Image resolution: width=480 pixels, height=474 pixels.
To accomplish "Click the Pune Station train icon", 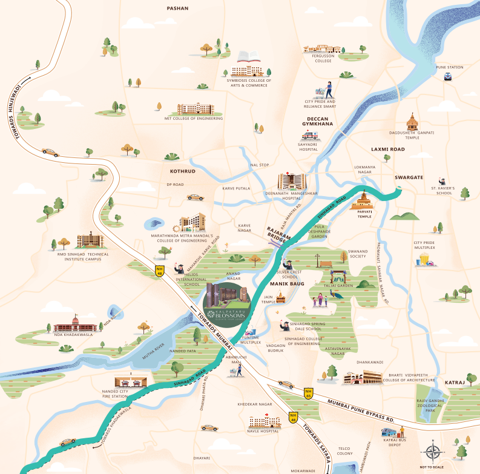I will tap(448, 76).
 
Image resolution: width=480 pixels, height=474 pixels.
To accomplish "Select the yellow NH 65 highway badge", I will tap(309, 393).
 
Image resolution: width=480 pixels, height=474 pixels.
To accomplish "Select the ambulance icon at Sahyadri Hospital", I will tap(310, 136).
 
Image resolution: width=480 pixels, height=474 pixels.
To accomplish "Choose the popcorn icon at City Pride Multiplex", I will tap(424, 260).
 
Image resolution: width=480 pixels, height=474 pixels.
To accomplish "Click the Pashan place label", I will tap(178, 8).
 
